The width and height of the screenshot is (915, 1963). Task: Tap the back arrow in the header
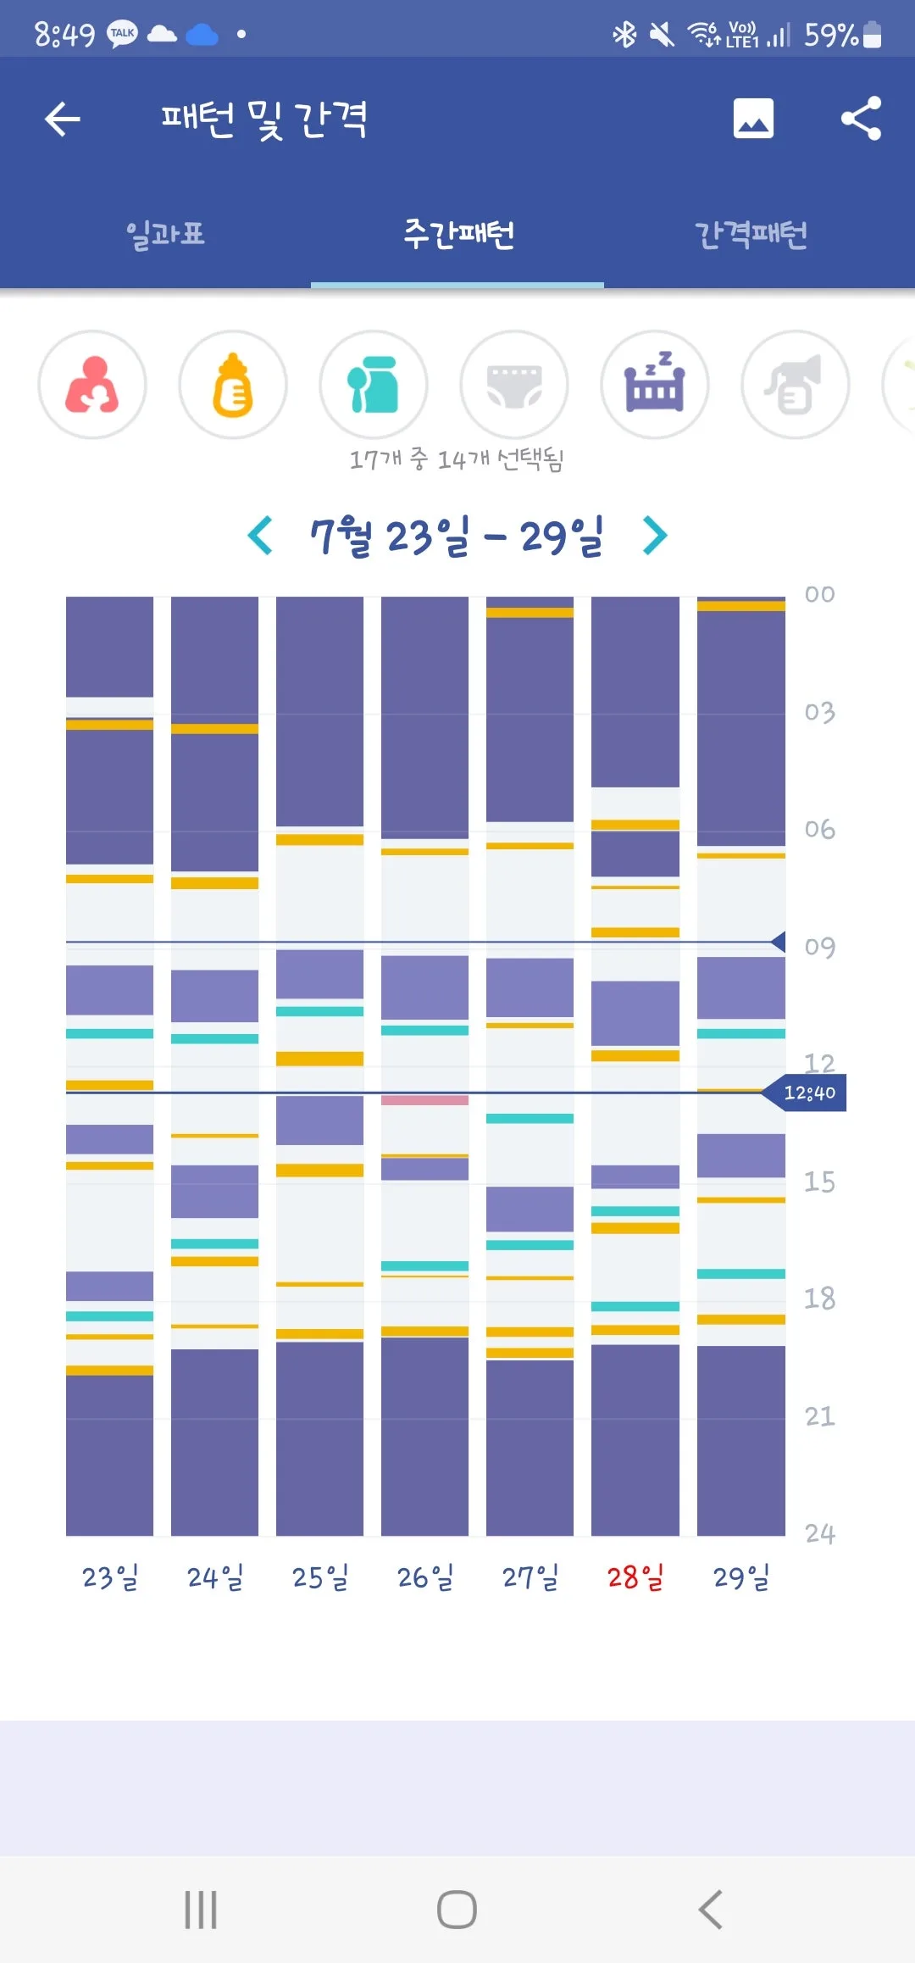(62, 119)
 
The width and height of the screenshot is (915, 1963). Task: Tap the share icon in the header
(861, 118)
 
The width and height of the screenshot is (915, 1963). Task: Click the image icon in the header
(753, 118)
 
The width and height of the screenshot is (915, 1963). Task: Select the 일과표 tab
(165, 234)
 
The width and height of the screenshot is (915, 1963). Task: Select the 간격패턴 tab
(751, 234)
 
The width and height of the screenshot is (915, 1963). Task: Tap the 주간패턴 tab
(458, 234)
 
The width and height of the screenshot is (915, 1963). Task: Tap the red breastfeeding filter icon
(92, 385)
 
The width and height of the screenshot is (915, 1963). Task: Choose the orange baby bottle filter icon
(233, 385)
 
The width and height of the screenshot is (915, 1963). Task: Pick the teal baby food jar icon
(374, 385)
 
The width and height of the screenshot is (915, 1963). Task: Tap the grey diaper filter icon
(514, 385)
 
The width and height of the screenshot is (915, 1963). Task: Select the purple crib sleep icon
(655, 385)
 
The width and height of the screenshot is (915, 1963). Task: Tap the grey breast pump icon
(796, 385)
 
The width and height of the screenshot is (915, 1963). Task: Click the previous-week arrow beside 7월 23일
(260, 536)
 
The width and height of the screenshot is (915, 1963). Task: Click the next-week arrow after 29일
(655, 536)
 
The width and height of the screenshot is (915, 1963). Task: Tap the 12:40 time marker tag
(804, 1093)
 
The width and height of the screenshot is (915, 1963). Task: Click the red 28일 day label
(635, 1577)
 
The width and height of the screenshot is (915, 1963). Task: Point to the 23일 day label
(110, 1577)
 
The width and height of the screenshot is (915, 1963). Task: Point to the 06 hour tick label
(819, 829)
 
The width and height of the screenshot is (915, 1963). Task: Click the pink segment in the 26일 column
(424, 1099)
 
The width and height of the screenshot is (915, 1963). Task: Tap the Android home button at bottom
(457, 1910)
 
